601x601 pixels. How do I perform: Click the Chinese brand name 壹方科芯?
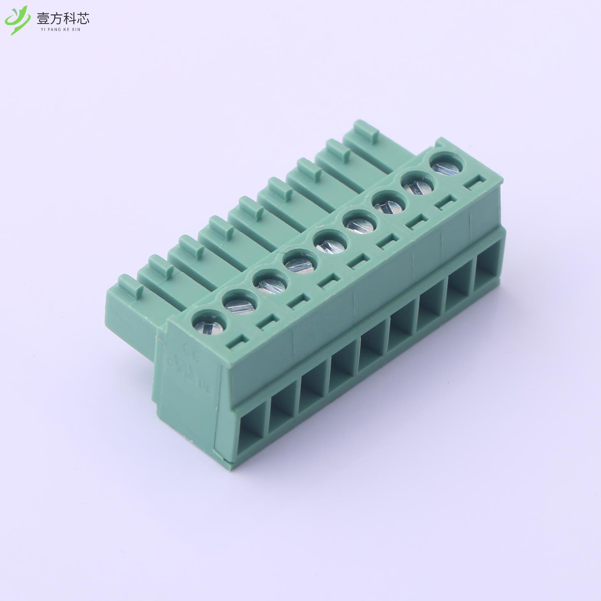(62, 17)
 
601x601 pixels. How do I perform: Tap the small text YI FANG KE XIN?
(62, 29)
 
